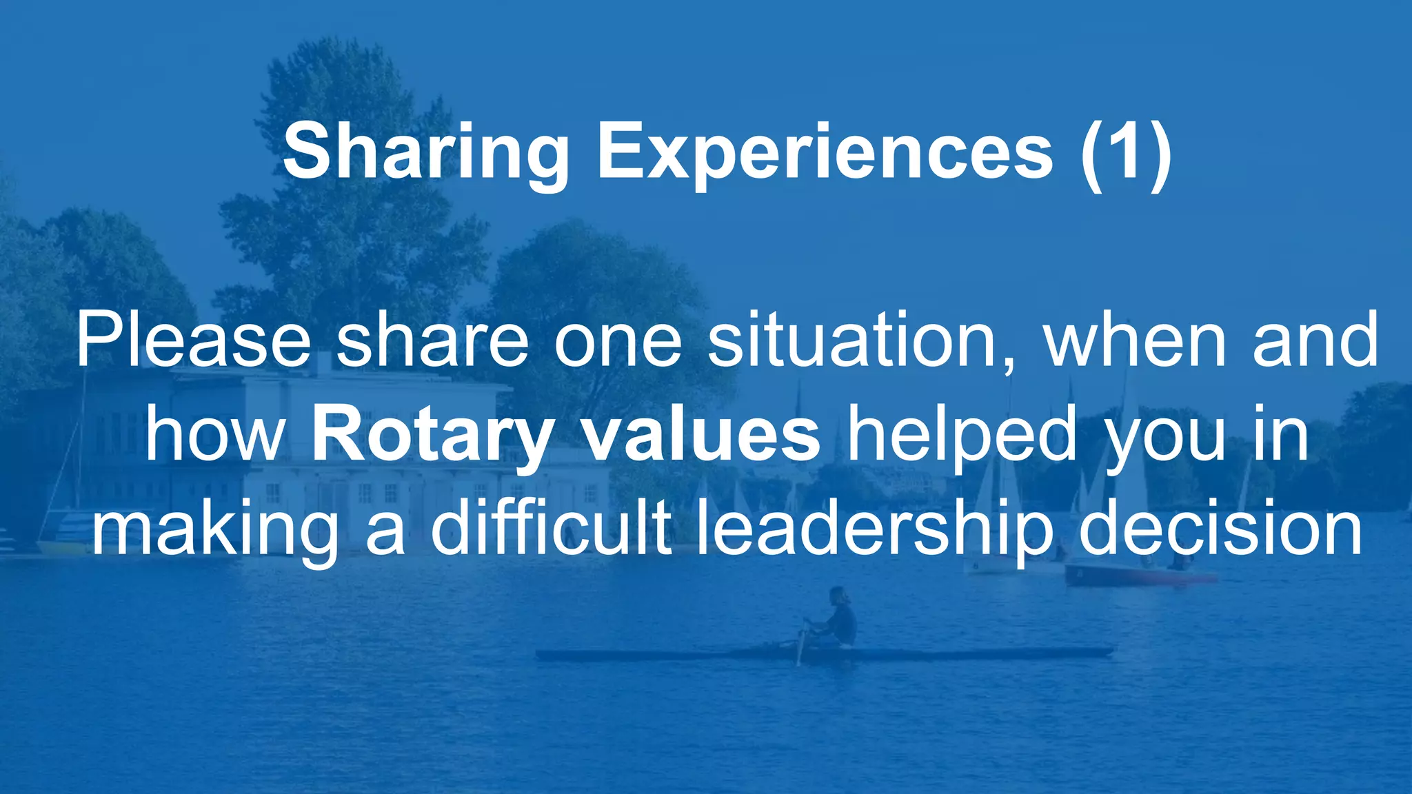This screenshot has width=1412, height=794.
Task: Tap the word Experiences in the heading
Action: pyautogui.click(x=825, y=153)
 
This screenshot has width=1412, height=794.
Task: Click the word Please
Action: pyautogui.click(x=193, y=340)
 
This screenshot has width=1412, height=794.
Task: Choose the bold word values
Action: pyautogui.click(x=701, y=434)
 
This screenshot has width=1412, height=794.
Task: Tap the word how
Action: pyautogui.click(x=215, y=434)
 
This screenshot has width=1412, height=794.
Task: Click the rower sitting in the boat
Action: pyautogui.click(x=836, y=617)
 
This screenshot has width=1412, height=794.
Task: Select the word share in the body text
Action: pyautogui.click(x=432, y=340)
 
